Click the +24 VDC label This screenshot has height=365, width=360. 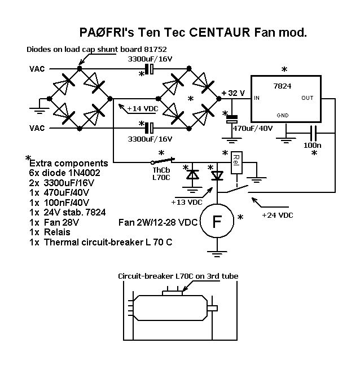(x=281, y=214)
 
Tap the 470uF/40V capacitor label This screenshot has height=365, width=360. (x=253, y=128)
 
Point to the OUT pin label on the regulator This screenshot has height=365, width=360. (x=307, y=98)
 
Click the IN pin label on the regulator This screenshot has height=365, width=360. (x=257, y=98)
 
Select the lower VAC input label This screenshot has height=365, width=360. (x=37, y=128)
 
